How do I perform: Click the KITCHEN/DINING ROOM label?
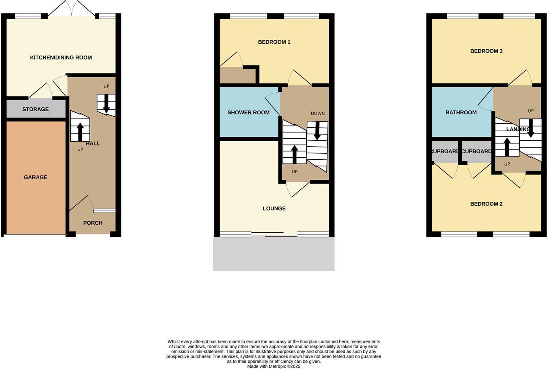[x=61, y=58]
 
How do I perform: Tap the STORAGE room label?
[x=35, y=109]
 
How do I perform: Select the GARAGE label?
[x=35, y=177]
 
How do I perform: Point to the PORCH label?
[x=93, y=223]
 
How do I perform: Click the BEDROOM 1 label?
[x=274, y=42]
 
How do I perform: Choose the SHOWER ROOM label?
[x=248, y=112]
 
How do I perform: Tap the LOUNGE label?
[x=274, y=209]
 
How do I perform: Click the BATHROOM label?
[x=461, y=112]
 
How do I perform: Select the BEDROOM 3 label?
[x=486, y=51]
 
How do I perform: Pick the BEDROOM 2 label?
[x=486, y=204]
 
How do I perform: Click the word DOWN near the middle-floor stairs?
[x=318, y=114]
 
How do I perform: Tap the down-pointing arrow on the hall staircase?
[x=106, y=104]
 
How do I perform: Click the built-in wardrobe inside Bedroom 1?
[x=237, y=76]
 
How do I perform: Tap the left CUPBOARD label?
[x=445, y=151]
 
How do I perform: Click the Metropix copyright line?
[x=274, y=366]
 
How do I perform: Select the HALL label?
[x=93, y=143]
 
